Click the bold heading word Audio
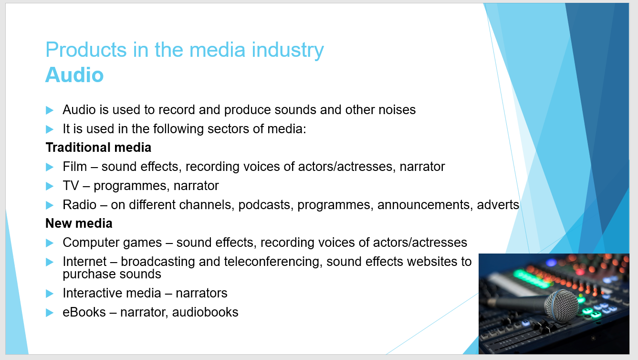click(x=74, y=75)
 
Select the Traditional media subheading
click(x=98, y=148)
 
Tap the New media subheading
click(x=79, y=223)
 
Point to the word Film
click(x=75, y=167)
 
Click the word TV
click(x=71, y=186)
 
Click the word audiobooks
click(x=205, y=312)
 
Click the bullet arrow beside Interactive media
click(x=50, y=293)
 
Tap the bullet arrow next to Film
click(x=50, y=167)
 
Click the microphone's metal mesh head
click(x=561, y=306)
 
